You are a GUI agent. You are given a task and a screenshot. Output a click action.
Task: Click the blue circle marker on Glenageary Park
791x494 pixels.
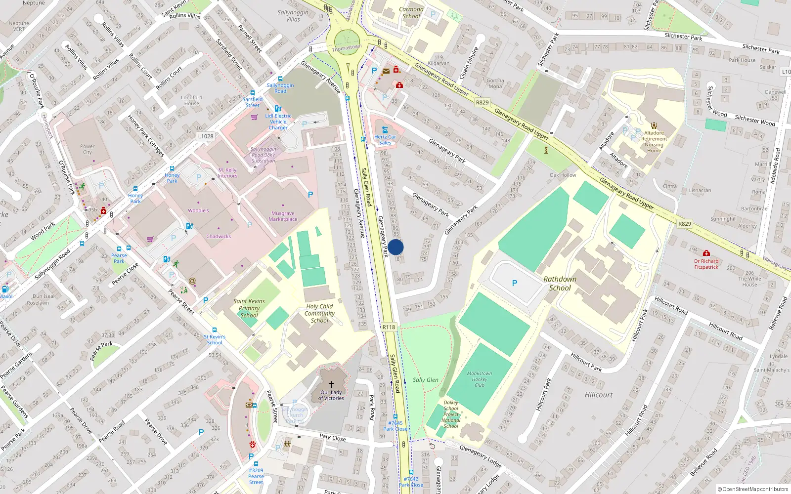point(395,247)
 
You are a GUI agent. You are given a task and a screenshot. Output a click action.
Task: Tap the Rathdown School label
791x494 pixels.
point(560,284)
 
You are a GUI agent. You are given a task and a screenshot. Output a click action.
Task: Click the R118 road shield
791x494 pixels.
point(389,327)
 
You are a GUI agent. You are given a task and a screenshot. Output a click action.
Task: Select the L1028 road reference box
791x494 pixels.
point(206,136)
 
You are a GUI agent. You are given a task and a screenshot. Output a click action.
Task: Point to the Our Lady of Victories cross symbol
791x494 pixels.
point(331,384)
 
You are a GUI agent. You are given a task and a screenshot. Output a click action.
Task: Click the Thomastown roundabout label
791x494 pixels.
point(347,48)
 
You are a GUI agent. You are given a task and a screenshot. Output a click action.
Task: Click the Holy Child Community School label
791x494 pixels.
point(319,313)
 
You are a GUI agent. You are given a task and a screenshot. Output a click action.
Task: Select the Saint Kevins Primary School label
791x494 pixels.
point(249,308)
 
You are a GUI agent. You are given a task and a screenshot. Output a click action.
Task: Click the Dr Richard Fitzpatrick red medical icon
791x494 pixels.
point(706,253)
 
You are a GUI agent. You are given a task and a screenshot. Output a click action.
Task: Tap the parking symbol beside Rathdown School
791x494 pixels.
point(515,283)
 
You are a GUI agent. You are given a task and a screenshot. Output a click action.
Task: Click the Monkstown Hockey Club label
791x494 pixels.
point(480,379)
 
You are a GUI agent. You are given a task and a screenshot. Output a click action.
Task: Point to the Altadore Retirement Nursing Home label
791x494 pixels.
point(654,141)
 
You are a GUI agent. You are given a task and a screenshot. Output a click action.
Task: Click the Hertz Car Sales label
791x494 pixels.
point(385,140)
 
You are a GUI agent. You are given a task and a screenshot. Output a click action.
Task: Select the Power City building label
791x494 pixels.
point(88,149)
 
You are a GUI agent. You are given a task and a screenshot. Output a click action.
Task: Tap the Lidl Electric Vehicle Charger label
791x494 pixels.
point(278,122)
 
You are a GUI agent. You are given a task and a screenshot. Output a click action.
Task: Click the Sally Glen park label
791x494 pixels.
point(426,380)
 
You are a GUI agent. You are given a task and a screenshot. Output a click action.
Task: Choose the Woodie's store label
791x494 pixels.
point(198,210)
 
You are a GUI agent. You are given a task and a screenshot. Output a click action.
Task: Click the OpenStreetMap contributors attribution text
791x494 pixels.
point(753,490)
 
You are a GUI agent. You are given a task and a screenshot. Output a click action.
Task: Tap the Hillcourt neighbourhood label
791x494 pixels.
point(598,395)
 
